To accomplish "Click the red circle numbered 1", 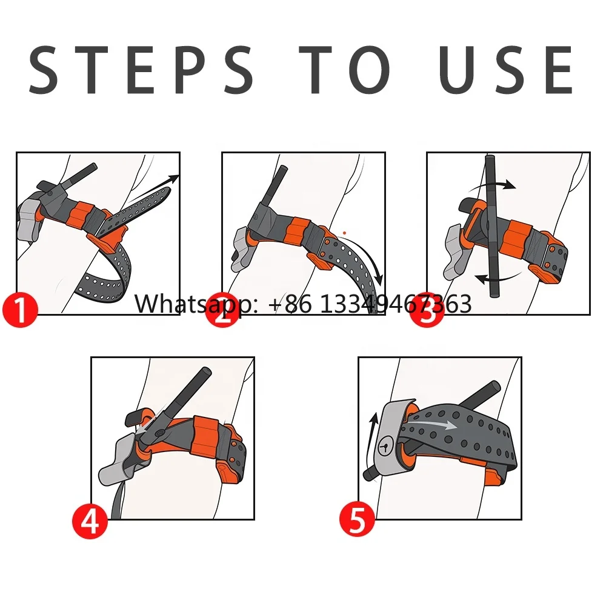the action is pos(20,310).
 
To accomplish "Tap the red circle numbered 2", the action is pos(223,310).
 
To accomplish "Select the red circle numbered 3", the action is pos(427,310).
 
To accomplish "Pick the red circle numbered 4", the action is pos(90,522).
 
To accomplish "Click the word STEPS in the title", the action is pos(141,70).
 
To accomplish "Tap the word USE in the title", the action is pos(505,70).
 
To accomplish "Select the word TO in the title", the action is pos(344,70).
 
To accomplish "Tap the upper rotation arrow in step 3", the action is pos(492,185).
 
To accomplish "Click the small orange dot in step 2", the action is pos(344,233).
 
